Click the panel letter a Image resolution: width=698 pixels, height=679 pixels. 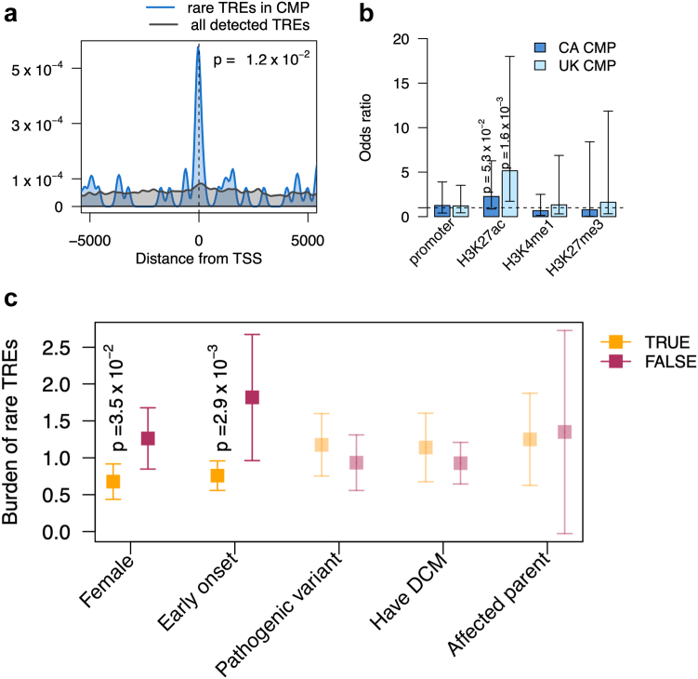tap(10, 14)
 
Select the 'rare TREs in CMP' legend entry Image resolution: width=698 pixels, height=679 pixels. tap(228, 7)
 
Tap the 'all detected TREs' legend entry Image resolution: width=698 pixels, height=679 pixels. tap(230, 25)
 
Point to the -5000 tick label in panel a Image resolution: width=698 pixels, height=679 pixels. tap(89, 241)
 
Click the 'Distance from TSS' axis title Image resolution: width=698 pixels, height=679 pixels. tap(199, 259)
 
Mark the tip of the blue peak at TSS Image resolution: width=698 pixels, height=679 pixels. tap(198, 47)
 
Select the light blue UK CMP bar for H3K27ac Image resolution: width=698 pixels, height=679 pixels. tap(509, 193)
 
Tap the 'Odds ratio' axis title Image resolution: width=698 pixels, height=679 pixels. tap(365, 127)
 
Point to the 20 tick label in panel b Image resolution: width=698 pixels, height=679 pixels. tap(401, 39)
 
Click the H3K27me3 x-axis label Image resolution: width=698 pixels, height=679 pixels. tap(574, 248)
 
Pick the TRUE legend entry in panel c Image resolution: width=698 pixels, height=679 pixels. tap(645, 342)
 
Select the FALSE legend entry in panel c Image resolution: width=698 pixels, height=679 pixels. tap(648, 362)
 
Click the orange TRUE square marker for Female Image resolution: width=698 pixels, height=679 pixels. tap(112, 482)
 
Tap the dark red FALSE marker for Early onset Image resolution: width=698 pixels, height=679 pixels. tap(253, 397)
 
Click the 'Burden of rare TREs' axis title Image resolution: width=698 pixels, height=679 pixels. tap(10, 433)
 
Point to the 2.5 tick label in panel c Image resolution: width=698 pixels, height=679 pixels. tap(56, 348)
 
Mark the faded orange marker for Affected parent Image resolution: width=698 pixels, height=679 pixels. tap(530, 439)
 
